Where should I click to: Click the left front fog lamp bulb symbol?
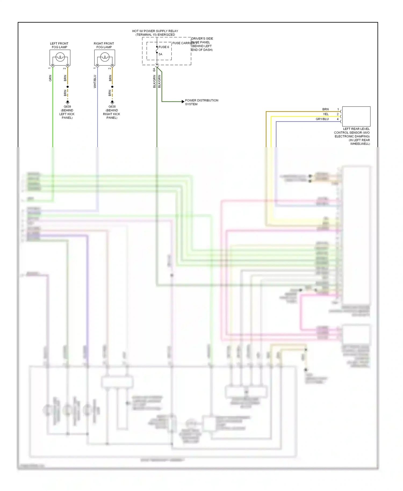click(x=60, y=57)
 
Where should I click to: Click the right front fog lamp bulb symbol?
click(x=105, y=57)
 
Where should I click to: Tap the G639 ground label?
click(x=67, y=107)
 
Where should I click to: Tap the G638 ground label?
click(x=112, y=107)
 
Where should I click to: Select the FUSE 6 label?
click(x=164, y=47)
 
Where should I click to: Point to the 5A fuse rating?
click(x=160, y=54)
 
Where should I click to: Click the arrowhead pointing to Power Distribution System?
click(x=183, y=102)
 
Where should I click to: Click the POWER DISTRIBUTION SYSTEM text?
click(x=201, y=102)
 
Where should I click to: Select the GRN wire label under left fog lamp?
click(x=50, y=78)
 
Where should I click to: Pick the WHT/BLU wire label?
click(x=95, y=81)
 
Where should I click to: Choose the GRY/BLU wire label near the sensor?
click(x=322, y=119)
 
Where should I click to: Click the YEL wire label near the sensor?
click(x=326, y=114)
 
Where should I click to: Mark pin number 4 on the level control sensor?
click(x=338, y=119)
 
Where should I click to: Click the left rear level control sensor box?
click(x=356, y=116)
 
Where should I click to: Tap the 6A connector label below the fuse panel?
click(x=154, y=70)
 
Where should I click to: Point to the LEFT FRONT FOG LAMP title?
click(x=59, y=45)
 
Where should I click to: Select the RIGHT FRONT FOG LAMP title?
click(x=104, y=45)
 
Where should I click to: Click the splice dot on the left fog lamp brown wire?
click(x=68, y=87)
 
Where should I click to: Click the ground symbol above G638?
click(x=112, y=102)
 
